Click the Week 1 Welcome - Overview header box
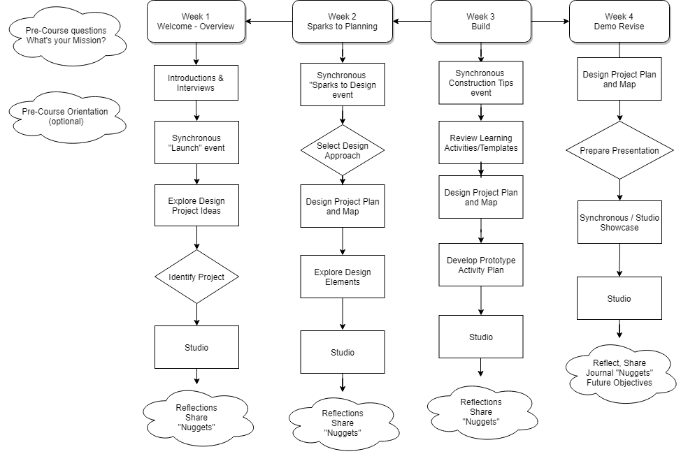click(x=196, y=22)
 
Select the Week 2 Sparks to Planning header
click(x=342, y=22)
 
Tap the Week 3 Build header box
click(x=480, y=22)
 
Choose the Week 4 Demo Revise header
click(x=619, y=22)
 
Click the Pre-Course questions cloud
click(x=66, y=36)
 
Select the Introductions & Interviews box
click(x=196, y=83)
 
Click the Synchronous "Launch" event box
click(x=196, y=142)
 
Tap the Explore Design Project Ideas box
click(x=196, y=205)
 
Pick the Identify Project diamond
click(x=196, y=277)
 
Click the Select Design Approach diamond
click(x=343, y=150)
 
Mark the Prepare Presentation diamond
click(x=619, y=150)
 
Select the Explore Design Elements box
click(x=343, y=277)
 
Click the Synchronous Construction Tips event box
click(x=480, y=82)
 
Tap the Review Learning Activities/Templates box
click(x=480, y=142)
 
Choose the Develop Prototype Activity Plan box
click(x=480, y=265)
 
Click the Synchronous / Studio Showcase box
click(x=619, y=222)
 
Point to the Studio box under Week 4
click(x=619, y=298)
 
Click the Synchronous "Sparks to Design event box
click(x=343, y=85)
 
